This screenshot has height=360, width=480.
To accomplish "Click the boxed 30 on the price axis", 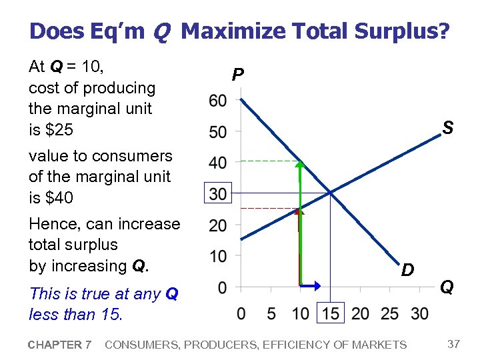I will coord(217,193).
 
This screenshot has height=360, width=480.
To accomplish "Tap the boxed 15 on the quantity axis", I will coord(331,313).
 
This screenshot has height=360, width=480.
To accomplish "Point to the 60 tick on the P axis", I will coord(217,101).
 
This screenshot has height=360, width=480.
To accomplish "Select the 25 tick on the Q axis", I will coord(390,313).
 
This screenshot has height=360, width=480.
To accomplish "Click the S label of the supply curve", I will coord(449,128).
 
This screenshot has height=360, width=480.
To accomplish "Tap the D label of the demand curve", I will coord(408,270).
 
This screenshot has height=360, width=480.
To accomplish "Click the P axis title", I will coord(237,75).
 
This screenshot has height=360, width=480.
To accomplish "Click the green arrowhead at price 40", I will coord(300,164).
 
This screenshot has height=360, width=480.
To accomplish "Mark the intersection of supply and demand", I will coord(331,193).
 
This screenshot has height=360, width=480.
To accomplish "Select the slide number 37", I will coord(454,344).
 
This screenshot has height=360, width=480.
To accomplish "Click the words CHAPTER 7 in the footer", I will coord(60,345).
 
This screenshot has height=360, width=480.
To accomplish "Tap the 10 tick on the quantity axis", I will coord(301,313).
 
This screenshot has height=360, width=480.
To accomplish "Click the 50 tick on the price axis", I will coord(217,131).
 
